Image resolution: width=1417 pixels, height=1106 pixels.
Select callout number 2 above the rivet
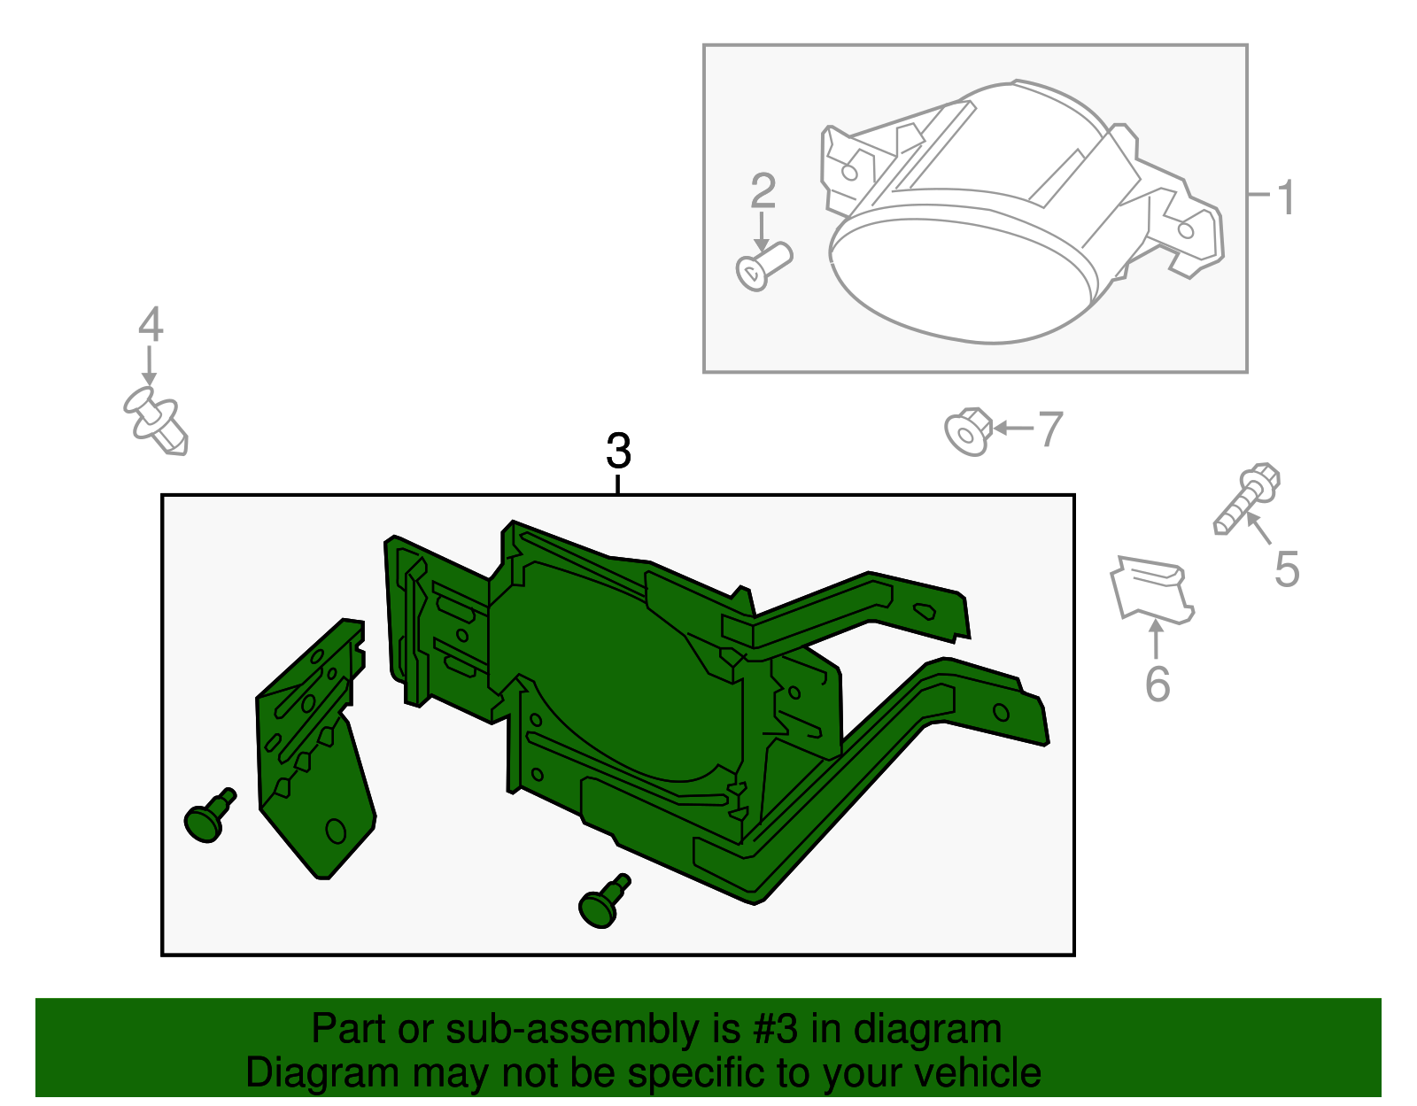click(x=763, y=190)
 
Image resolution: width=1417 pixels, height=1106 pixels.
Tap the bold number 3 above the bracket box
click(x=618, y=451)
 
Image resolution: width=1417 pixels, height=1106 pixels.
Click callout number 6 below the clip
click(x=1157, y=684)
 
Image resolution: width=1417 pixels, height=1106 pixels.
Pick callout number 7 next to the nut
click(x=1049, y=429)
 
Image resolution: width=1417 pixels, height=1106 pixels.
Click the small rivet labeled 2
click(x=763, y=265)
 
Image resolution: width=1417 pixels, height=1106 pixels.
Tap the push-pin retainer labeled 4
click(x=156, y=422)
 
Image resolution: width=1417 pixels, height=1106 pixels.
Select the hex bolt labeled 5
click(x=1247, y=499)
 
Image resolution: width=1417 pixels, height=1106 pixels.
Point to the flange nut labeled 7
click(x=967, y=431)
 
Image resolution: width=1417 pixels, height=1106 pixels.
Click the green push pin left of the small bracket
click(x=208, y=816)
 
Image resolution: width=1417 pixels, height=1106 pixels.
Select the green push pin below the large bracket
click(x=602, y=903)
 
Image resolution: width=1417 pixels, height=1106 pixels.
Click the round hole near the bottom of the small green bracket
click(x=336, y=831)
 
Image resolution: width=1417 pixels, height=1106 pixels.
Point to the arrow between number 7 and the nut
click(x=1012, y=429)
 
